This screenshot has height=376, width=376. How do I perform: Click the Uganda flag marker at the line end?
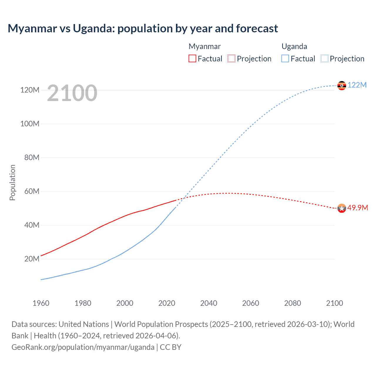point(342,85)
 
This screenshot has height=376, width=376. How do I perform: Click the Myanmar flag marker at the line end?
point(342,208)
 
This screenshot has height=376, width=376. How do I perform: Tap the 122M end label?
point(357,85)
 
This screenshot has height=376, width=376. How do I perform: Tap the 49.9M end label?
point(357,208)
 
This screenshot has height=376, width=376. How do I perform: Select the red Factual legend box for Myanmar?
point(192,58)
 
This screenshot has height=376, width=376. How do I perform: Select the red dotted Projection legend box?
point(231,58)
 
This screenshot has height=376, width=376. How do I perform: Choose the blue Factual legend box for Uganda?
point(285,58)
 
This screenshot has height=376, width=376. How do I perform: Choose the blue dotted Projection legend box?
point(325,58)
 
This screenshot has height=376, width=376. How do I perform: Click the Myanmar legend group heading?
point(204,46)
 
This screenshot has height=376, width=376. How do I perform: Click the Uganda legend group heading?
point(294,46)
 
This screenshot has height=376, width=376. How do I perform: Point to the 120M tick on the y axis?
point(30,90)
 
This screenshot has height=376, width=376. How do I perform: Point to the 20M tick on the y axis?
point(32,259)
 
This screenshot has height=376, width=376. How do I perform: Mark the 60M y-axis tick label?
point(32,191)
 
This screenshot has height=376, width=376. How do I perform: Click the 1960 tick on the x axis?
point(41,303)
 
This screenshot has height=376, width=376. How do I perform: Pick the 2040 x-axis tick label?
point(209,303)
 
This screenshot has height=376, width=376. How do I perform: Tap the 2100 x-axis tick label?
point(335,303)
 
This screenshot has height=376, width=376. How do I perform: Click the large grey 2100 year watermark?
point(72,93)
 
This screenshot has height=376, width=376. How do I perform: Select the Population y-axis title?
point(12,182)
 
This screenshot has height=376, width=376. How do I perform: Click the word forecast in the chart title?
point(257,28)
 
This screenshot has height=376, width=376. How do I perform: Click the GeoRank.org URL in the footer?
point(83,347)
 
